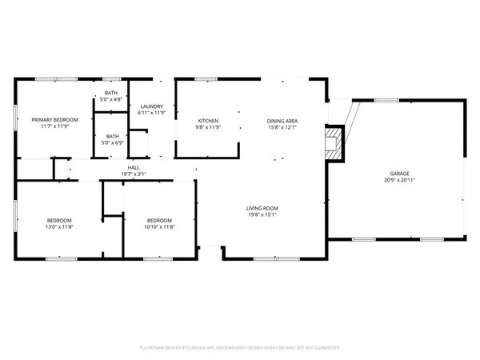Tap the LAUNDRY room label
pyautogui.click(x=152, y=106)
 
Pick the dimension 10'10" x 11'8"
pyautogui.click(x=159, y=228)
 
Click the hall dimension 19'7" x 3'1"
pyautogui.click(x=134, y=174)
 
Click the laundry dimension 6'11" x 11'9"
pyautogui.click(x=152, y=114)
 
